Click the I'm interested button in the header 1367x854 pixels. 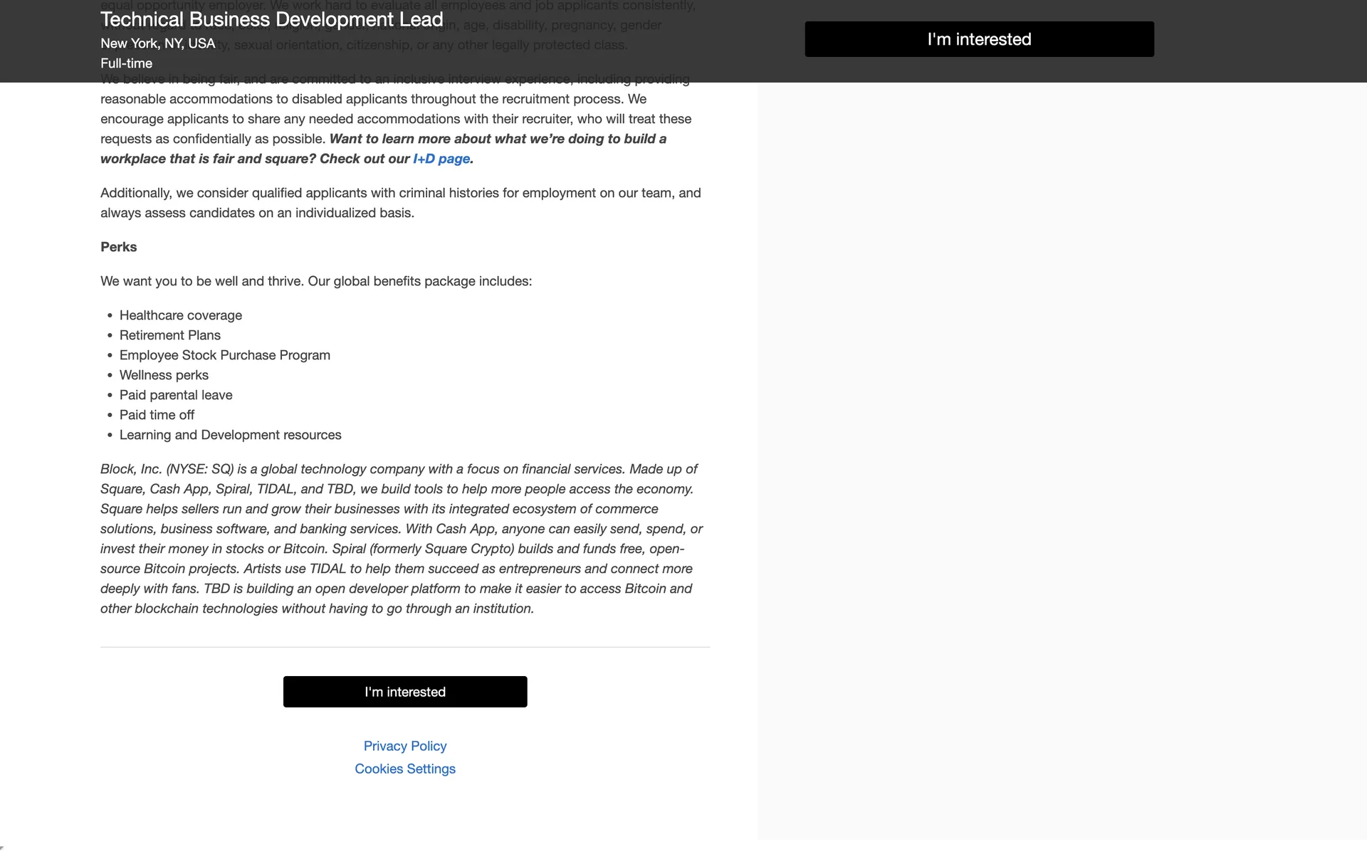[x=979, y=39]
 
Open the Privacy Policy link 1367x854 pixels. [x=405, y=746]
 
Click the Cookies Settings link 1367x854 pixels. [x=405, y=769]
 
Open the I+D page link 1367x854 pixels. [x=441, y=159]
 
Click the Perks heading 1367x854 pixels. [x=118, y=247]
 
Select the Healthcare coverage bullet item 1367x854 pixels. [x=181, y=315]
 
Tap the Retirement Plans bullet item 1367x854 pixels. [x=170, y=335]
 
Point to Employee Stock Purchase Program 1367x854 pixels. [x=225, y=355]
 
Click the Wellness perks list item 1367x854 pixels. [x=164, y=375]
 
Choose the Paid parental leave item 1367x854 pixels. [x=176, y=395]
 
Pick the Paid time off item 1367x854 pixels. [x=157, y=415]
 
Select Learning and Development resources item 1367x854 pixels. [x=230, y=435]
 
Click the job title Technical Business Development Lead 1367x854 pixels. [x=272, y=19]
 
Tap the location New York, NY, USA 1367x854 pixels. [x=157, y=43]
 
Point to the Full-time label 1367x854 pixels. [x=126, y=63]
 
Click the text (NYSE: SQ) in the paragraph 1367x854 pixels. [x=200, y=469]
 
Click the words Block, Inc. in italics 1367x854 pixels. [x=131, y=469]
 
